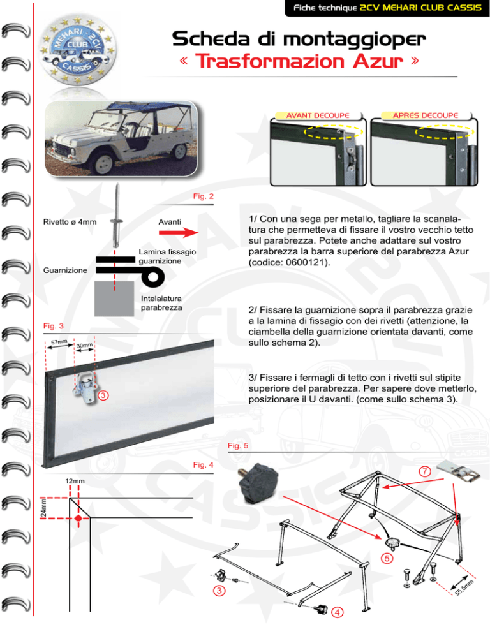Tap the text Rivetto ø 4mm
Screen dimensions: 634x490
tap(70, 222)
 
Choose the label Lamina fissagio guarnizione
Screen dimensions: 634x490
tap(167, 257)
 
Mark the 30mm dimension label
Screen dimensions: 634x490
tap(85, 346)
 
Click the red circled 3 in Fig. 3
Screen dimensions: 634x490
tap(102, 395)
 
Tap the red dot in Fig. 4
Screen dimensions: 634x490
tap(78, 519)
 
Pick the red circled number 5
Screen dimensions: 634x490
tap(387, 559)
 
